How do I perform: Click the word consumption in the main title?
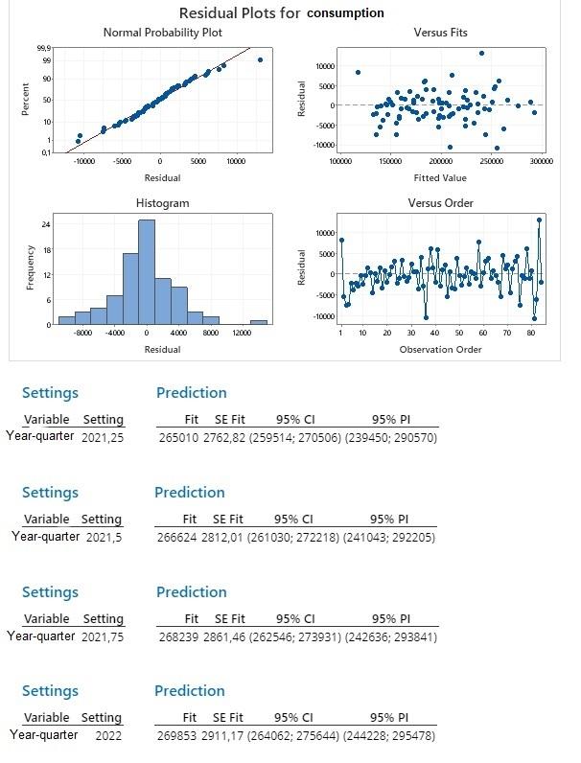(x=345, y=13)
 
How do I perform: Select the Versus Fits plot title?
(x=440, y=33)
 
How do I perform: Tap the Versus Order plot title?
(x=440, y=203)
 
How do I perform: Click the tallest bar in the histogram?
(x=147, y=272)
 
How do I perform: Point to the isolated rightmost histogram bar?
(x=259, y=322)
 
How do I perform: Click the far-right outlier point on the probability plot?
(x=259, y=60)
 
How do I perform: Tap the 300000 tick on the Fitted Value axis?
(x=541, y=162)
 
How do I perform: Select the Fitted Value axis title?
(x=440, y=178)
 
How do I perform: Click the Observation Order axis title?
(x=440, y=349)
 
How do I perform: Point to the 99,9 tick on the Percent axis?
(x=44, y=48)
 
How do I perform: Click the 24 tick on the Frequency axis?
(x=45, y=224)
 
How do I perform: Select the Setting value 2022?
(x=109, y=736)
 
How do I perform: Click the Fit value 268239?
(x=175, y=636)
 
